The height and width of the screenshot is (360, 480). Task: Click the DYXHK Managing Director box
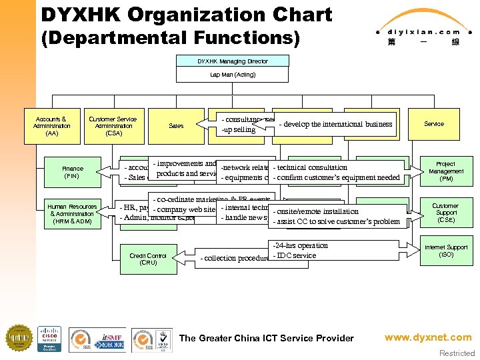pyautogui.click(x=233, y=61)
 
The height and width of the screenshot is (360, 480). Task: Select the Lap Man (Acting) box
pyautogui.click(x=233, y=75)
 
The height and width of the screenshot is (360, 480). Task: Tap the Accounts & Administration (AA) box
pyautogui.click(x=51, y=126)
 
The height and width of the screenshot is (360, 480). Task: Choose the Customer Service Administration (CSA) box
pyautogui.click(x=113, y=126)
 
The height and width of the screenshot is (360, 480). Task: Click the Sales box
pyautogui.click(x=176, y=125)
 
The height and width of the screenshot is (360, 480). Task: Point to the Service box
pyautogui.click(x=434, y=124)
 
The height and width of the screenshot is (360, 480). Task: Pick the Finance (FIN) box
pyautogui.click(x=71, y=172)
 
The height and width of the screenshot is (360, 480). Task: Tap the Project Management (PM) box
pyautogui.click(x=445, y=171)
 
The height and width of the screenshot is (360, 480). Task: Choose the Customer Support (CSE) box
pyautogui.click(x=445, y=213)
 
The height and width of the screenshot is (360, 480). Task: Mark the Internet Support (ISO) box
pyautogui.click(x=445, y=251)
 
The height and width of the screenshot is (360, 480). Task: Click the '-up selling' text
pyautogui.click(x=239, y=129)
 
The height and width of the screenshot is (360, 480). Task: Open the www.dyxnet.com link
pyautogui.click(x=427, y=338)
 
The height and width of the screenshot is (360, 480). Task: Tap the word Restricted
pyautogui.click(x=457, y=353)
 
